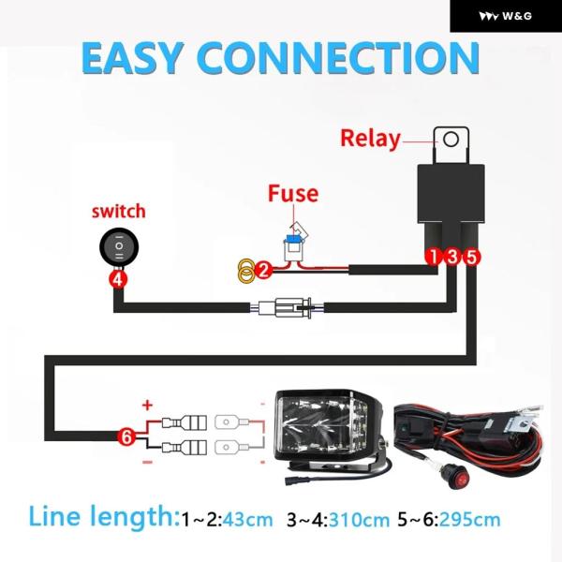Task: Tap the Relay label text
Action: (x=369, y=140)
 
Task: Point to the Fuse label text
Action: (x=292, y=195)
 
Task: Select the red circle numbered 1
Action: (x=434, y=256)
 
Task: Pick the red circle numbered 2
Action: (x=264, y=272)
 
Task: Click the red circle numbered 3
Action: (x=452, y=256)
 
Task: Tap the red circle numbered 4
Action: (x=117, y=278)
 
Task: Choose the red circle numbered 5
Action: (x=471, y=256)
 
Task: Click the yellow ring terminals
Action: (x=245, y=273)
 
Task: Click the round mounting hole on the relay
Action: (x=451, y=140)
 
